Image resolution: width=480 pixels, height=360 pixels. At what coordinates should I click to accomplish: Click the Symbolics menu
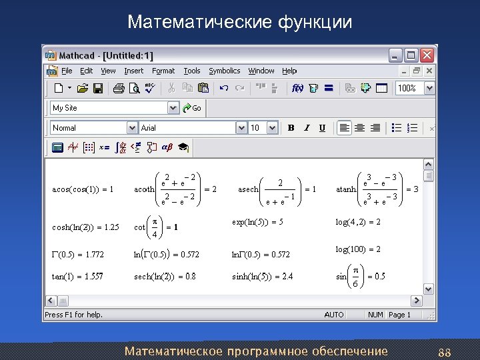click(224, 71)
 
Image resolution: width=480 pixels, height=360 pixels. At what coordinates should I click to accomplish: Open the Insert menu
click(133, 71)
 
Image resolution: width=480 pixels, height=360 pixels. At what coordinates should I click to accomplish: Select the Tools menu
click(192, 71)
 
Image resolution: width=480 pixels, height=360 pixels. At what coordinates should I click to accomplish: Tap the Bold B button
click(291, 127)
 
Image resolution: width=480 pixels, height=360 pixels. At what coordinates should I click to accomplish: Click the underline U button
click(323, 127)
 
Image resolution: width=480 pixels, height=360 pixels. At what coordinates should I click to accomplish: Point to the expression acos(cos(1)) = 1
click(83, 189)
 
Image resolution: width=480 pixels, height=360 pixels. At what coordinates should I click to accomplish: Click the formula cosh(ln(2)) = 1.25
click(85, 227)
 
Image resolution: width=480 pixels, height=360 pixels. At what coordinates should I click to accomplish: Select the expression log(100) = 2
click(358, 249)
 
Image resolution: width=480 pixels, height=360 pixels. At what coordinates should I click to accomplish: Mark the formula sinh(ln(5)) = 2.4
click(262, 277)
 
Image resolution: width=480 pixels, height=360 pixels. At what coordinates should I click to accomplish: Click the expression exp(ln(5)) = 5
click(257, 221)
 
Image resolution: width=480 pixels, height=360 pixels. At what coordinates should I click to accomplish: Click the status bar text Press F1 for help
click(74, 315)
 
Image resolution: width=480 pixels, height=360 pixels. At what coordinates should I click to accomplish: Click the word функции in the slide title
click(315, 22)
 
